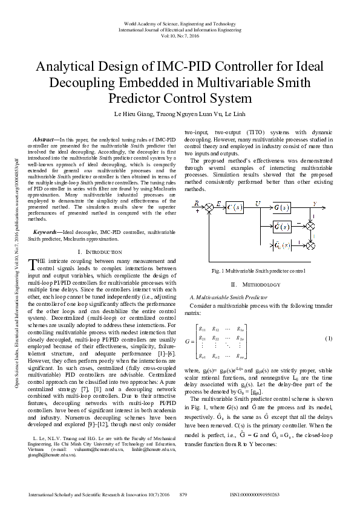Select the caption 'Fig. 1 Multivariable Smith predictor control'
tap(258, 271)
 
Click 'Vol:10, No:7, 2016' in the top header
tap(180, 36)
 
